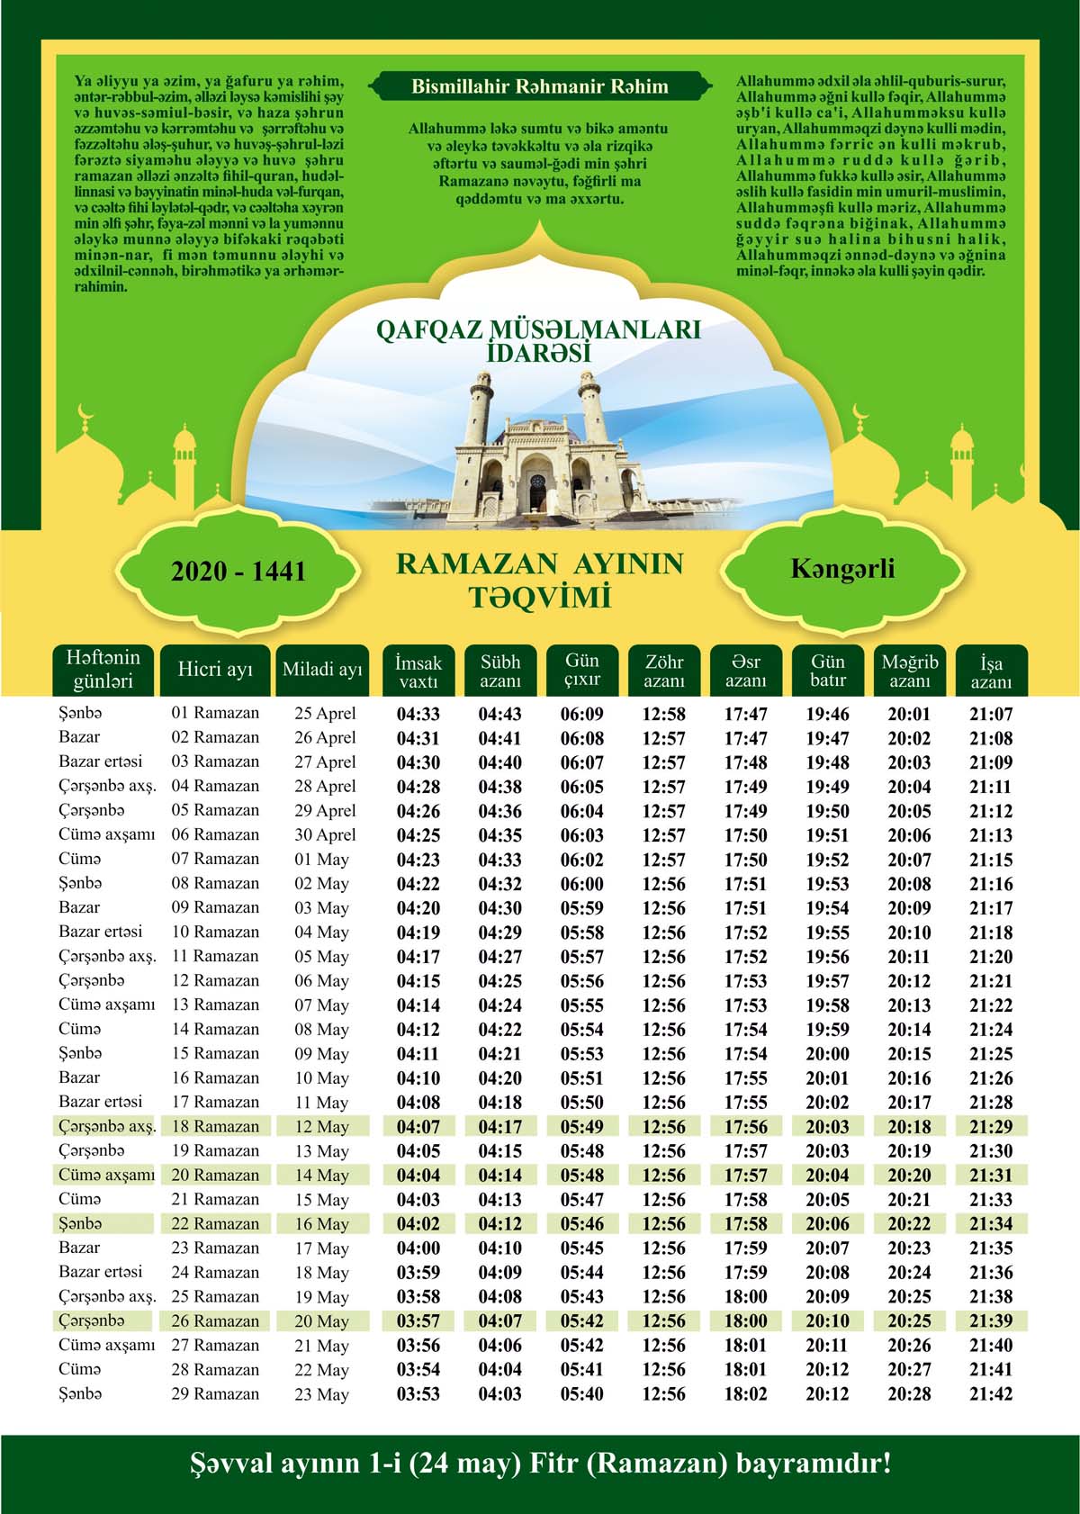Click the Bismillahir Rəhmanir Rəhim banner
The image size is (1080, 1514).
coord(539,87)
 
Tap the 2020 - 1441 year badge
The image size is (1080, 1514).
coord(238,571)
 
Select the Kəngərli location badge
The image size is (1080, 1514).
coord(842,569)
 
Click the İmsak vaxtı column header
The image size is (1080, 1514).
coord(418,671)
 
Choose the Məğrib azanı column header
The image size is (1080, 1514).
coord(909,671)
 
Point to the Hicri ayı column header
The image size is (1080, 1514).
coord(215,670)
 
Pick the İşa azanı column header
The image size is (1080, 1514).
coord(991,671)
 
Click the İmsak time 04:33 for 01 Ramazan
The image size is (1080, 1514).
coord(418,715)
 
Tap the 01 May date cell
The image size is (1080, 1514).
coord(321,860)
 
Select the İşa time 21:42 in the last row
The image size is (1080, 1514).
coord(991,1394)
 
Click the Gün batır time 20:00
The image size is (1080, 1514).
coord(827,1054)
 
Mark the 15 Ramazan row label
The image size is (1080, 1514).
coord(215,1053)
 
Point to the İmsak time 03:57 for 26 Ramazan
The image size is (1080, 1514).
coord(418,1321)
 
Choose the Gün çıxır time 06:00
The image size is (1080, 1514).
coord(582,884)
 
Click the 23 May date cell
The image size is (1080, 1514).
coord(321,1394)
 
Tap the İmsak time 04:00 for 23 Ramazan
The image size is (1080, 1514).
coord(418,1248)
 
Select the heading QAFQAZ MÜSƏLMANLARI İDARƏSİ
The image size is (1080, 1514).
coord(538,341)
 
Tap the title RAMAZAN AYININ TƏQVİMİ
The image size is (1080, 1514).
coord(539,581)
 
